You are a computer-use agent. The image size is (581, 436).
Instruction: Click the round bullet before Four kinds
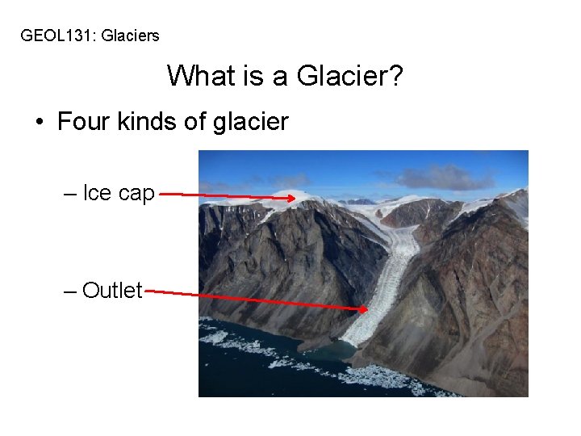point(40,123)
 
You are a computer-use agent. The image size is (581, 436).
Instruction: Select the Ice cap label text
point(119,195)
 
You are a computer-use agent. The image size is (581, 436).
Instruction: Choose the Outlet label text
point(112,290)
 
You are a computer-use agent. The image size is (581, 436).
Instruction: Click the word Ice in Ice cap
point(97,195)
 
